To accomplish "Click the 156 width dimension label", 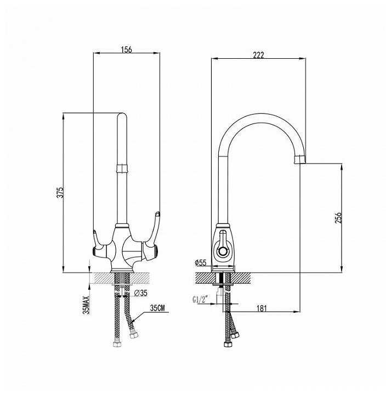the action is coord(127,49).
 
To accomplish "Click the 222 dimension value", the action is coord(258,55).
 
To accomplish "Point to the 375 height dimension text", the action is coord(60,192).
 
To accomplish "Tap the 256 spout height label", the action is coord(338,217).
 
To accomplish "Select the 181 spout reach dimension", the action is coord(262,308).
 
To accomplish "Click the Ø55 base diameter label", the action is coord(201,263).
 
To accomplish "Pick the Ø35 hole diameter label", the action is coord(141,293).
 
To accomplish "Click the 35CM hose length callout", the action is coord(157,308).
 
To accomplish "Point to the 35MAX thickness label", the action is coord(86,305).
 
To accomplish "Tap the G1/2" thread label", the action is coord(201,300).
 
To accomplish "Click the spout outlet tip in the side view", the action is coord(300,159).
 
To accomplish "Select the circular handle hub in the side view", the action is coord(222,251).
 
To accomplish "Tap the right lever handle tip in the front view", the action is coord(157,214).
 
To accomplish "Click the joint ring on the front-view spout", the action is coord(122,169).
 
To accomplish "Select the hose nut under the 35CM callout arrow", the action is coord(134,334).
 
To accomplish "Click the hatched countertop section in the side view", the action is coord(223,278).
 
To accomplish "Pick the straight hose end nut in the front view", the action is coord(117,344).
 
